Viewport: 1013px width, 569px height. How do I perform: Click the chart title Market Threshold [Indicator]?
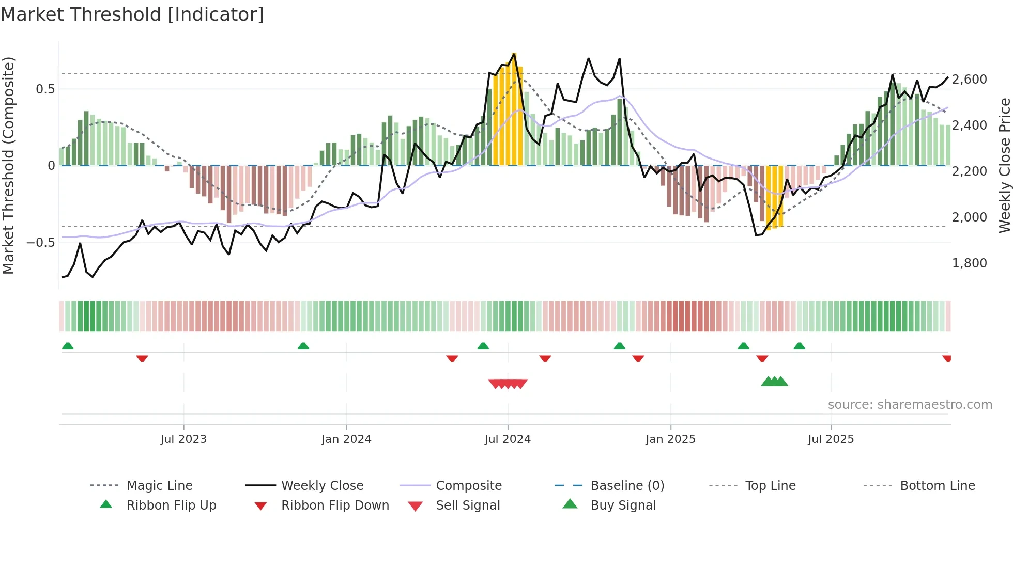pos(132,14)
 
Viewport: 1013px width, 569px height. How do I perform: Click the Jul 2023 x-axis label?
pos(183,439)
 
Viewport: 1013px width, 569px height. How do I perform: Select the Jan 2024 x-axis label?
pos(346,439)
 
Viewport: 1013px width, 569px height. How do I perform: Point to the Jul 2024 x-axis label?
pos(508,439)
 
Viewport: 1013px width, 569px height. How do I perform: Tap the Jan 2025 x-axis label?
pos(670,439)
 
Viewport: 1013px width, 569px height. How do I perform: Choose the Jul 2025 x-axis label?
pos(831,439)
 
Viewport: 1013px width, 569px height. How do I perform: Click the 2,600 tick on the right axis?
pos(970,80)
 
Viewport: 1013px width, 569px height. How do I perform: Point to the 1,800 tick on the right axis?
pos(970,263)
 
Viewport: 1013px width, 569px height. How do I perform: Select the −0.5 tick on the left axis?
pos(40,243)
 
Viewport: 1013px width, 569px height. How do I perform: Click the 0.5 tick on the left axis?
pos(45,89)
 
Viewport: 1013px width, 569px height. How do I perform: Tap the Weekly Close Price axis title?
pos(1004,165)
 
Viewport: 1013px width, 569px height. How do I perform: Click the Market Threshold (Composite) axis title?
pos(8,165)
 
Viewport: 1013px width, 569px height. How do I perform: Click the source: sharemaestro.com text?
pos(910,405)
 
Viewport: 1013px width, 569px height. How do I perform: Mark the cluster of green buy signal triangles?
pos(774,382)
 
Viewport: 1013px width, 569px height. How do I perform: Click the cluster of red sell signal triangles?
pos(508,384)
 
